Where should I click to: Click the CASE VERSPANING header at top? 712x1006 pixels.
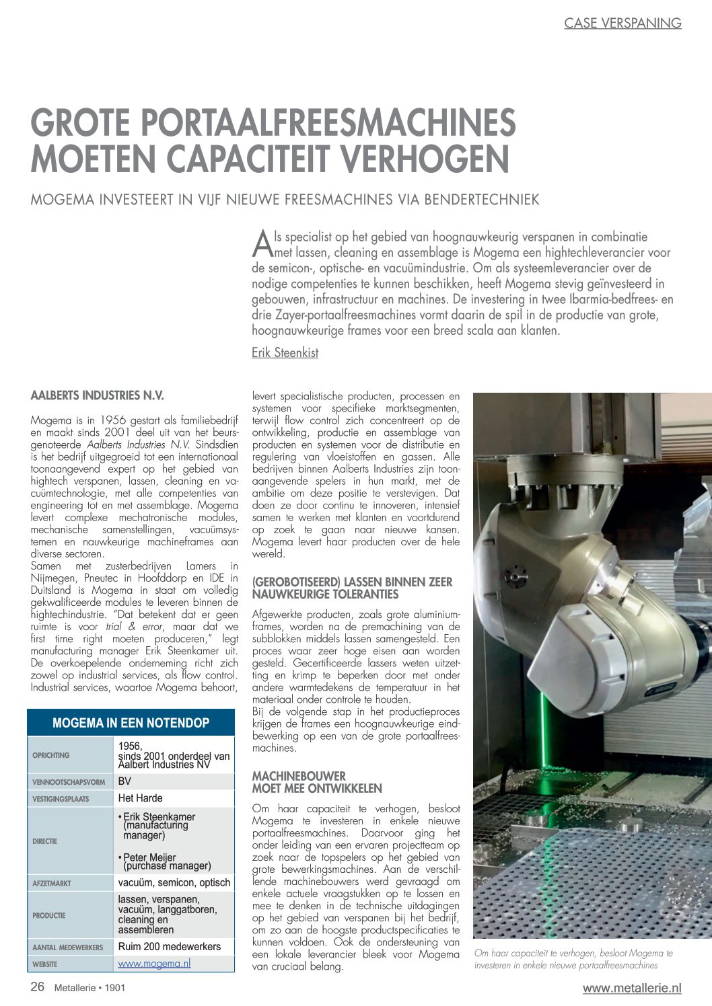click(x=622, y=23)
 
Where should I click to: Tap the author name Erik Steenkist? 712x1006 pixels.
click(x=285, y=352)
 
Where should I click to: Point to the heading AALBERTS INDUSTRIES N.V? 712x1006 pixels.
click(x=97, y=395)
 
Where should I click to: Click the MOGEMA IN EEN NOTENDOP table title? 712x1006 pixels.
click(x=131, y=723)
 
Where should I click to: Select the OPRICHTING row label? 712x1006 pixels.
click(x=51, y=755)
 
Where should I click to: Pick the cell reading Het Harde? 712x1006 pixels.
click(x=140, y=798)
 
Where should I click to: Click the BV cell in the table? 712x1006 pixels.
click(x=124, y=781)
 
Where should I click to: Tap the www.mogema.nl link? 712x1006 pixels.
click(x=154, y=963)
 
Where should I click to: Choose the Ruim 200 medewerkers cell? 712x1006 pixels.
click(x=169, y=946)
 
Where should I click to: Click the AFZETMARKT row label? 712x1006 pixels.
click(x=51, y=883)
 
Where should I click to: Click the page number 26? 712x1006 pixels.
click(x=37, y=986)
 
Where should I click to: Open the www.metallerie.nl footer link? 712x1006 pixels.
click(x=631, y=988)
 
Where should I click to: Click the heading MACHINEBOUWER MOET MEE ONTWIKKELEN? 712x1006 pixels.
click(x=317, y=782)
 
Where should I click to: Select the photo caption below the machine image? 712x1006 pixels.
click(x=573, y=959)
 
